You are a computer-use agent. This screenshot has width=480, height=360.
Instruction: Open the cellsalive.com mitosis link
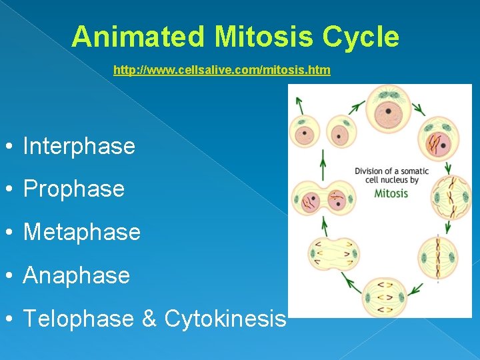(221, 70)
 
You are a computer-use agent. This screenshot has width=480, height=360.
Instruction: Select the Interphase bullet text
(79, 146)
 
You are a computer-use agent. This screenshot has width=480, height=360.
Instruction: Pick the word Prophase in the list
(73, 189)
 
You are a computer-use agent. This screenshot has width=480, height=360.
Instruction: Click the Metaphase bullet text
(81, 232)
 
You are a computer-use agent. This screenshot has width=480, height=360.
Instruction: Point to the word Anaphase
(76, 275)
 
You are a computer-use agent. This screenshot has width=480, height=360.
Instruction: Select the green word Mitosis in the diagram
(391, 193)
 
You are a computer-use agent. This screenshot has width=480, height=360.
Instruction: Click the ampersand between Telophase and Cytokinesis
(149, 319)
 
